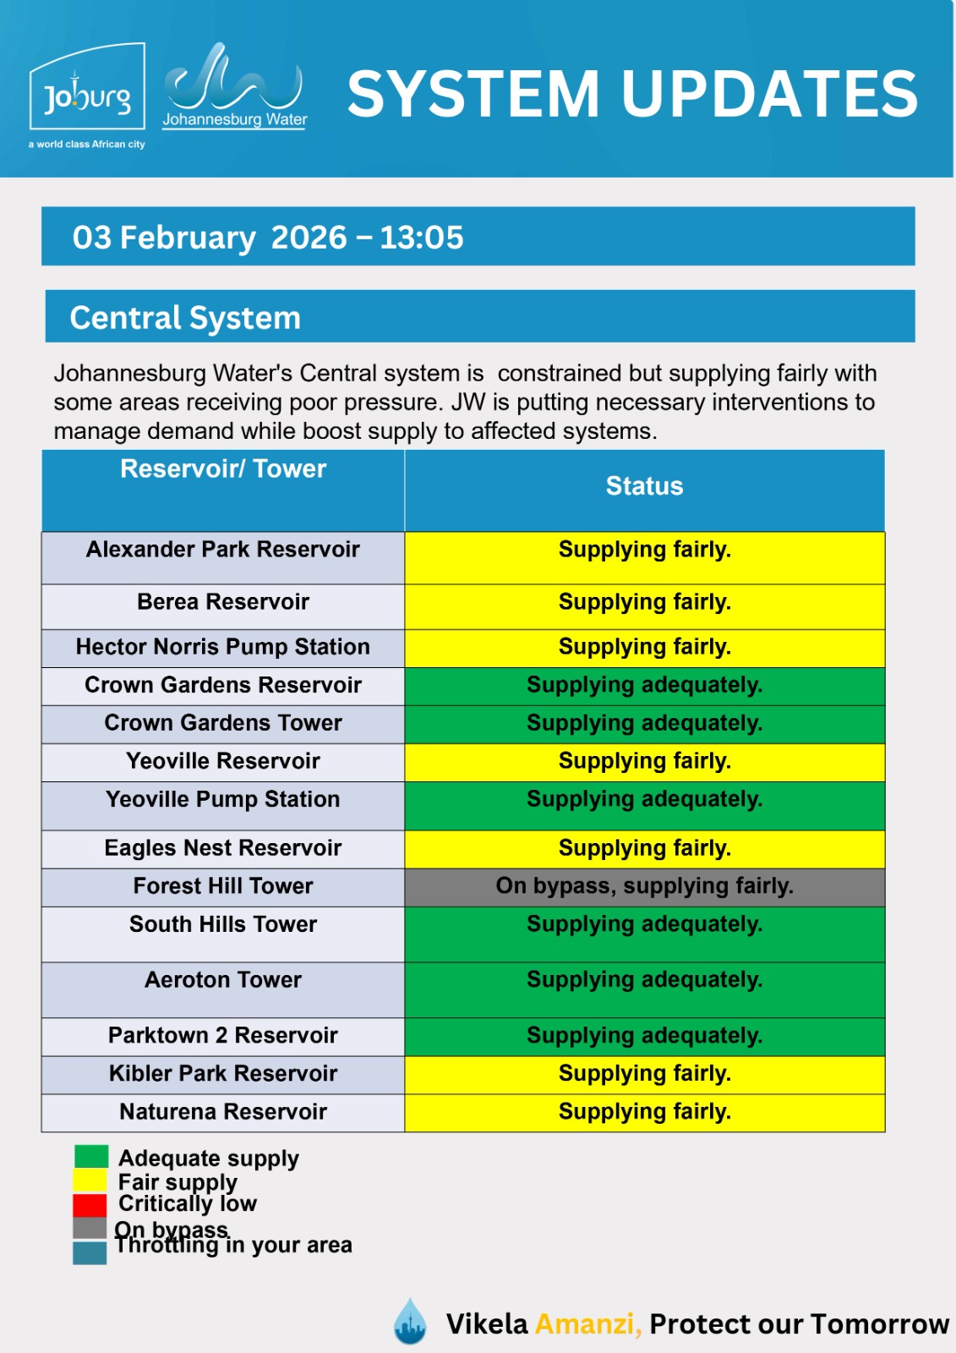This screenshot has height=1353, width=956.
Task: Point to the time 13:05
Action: pos(421,238)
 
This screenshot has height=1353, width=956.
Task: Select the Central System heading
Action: pos(185,318)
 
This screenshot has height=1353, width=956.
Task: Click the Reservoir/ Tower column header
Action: pos(223,469)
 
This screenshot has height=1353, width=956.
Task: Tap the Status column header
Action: pos(644,486)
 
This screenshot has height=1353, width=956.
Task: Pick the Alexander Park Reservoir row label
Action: pos(223,550)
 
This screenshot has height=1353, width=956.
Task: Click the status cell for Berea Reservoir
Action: pos(644,603)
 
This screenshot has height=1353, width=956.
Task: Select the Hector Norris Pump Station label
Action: pos(223,647)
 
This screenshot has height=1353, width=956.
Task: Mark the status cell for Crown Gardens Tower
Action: pos(644,724)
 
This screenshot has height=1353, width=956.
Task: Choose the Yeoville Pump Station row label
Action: pos(223,800)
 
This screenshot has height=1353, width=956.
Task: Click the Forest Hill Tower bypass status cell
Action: pos(644,886)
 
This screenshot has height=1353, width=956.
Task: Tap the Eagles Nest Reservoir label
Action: pos(223,848)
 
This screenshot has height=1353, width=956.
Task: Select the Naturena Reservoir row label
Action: pos(223,1112)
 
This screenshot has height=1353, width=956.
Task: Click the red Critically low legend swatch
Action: pos(90,1205)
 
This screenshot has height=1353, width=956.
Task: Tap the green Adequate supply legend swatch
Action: pos(90,1156)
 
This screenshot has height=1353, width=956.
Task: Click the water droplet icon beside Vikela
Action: pos(411,1321)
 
